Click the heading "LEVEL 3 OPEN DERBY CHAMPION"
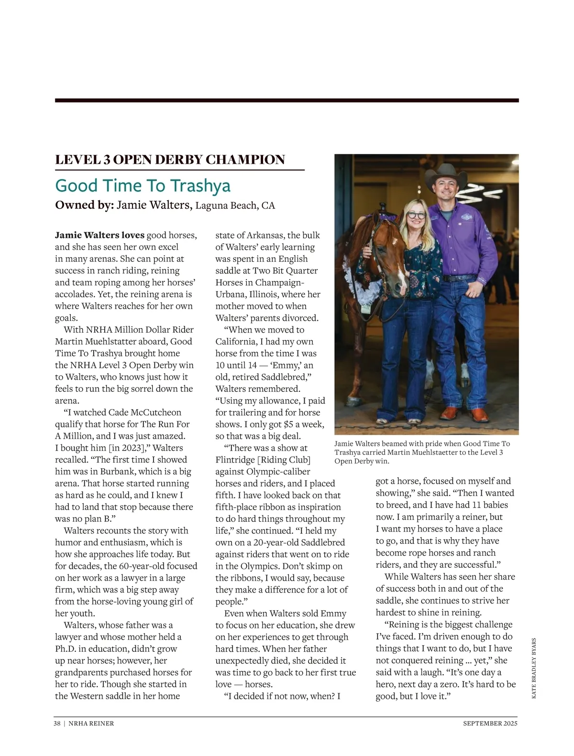pos(170,160)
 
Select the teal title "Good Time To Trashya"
pos(143,185)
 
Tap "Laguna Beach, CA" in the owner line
pos(235,206)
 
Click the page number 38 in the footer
pos(57,724)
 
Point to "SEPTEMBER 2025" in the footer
pos(490,724)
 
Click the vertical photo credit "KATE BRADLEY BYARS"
pos(534,668)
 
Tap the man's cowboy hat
pos(447,175)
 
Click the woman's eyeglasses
pos(416,216)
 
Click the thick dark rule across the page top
pos(287,100)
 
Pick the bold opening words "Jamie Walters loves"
pos(99,235)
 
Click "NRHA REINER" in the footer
pos(91,724)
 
